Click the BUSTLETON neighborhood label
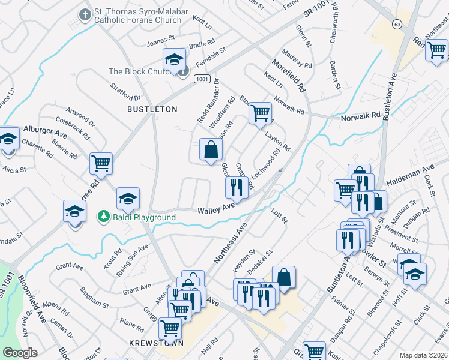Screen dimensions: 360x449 tap(152, 109)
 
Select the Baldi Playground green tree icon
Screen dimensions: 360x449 tap(104, 215)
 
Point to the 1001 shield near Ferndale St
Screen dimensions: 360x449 tap(202, 79)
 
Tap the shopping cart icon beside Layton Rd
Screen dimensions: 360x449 tap(260, 112)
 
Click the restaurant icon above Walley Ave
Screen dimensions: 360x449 tap(237, 187)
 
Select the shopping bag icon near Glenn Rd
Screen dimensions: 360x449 tap(211, 149)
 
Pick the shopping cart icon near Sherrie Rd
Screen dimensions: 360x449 tap(101, 163)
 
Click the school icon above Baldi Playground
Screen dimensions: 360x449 tap(128, 198)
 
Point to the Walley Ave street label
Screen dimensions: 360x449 tap(216, 208)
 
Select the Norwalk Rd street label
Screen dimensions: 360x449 tap(361, 114)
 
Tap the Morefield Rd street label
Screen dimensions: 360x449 tap(289, 76)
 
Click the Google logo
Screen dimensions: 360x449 tap(20, 353)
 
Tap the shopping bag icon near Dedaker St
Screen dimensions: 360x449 tap(284, 277)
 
